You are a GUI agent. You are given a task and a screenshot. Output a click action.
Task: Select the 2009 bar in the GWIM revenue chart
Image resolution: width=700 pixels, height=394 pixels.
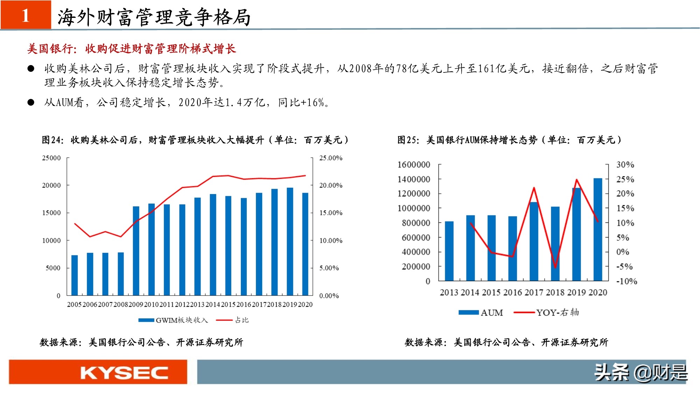(136, 251)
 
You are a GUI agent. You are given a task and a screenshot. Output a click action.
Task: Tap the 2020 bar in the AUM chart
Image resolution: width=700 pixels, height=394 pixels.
(598, 229)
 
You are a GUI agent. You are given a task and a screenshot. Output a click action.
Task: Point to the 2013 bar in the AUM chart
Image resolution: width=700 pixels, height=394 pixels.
(449, 251)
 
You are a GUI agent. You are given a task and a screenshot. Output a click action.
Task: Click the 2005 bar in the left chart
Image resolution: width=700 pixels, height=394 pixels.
(75, 275)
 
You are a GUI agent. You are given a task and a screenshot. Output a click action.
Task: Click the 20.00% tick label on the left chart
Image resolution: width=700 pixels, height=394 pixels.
(330, 185)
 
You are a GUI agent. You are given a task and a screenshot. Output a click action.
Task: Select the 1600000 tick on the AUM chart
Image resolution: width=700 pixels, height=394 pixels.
(414, 165)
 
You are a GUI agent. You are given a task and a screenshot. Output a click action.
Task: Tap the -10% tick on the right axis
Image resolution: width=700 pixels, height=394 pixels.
(626, 281)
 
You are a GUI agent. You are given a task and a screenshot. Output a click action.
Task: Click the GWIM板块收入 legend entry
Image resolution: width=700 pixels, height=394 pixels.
(173, 320)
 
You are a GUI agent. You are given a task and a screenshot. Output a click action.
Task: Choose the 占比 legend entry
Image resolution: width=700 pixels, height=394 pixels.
(232, 320)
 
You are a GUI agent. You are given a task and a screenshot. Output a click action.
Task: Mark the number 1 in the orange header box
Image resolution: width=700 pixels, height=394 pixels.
(26, 15)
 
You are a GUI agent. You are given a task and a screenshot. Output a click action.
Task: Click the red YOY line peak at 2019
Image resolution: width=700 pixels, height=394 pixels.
(576, 180)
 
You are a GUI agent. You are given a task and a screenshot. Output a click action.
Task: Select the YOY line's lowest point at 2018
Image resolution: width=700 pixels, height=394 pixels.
(555, 268)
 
